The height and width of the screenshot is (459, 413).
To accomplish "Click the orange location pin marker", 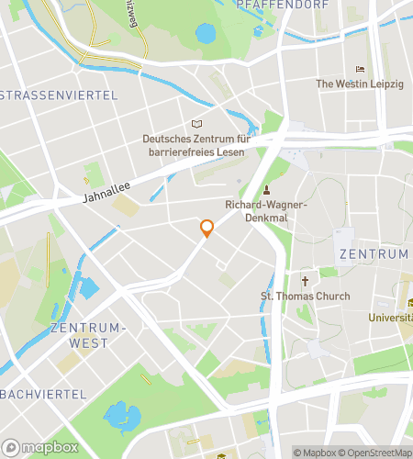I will [206, 229].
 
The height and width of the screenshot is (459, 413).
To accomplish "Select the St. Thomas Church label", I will [306, 297].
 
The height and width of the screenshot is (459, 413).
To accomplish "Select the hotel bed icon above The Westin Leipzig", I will [360, 69].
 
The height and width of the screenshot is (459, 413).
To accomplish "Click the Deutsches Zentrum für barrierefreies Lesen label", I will [197, 145].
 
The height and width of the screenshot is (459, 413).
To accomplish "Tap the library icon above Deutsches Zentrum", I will [196, 124].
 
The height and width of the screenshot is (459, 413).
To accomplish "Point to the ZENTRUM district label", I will [373, 253].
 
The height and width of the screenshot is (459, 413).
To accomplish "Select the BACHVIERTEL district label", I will [43, 394].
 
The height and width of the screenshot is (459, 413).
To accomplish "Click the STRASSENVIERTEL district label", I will [59, 95].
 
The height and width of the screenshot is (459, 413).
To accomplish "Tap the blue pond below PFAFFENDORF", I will [206, 34].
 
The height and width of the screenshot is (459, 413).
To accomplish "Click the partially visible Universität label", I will [391, 318].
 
